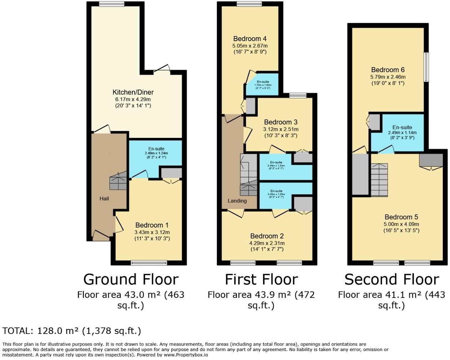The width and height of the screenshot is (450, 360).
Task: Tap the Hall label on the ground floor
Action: [x=104, y=199]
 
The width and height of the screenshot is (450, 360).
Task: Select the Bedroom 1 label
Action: [x=152, y=225]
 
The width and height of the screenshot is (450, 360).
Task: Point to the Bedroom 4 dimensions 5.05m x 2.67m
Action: [x=250, y=46]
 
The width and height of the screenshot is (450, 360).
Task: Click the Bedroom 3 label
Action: [x=280, y=122]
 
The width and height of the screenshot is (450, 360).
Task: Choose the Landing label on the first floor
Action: [x=237, y=201]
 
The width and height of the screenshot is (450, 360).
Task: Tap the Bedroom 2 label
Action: [x=267, y=236]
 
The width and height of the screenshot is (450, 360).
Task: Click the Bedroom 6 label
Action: [x=388, y=70]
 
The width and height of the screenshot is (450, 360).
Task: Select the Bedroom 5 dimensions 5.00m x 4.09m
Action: [x=401, y=224]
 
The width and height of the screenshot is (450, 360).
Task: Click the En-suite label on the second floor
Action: [x=402, y=127]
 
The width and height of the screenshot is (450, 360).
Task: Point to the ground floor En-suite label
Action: [x=156, y=149]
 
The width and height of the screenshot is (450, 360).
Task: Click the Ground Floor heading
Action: [x=131, y=279]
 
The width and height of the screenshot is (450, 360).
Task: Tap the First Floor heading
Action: [x=261, y=279]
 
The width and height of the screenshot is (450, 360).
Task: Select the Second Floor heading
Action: [x=391, y=279]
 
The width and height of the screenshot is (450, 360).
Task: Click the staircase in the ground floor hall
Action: [x=118, y=181]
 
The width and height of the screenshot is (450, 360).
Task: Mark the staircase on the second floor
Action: [x=379, y=180]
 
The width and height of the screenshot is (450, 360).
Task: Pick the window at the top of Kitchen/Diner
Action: [x=110, y=4]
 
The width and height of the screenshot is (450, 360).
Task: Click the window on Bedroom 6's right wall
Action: [x=426, y=67]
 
